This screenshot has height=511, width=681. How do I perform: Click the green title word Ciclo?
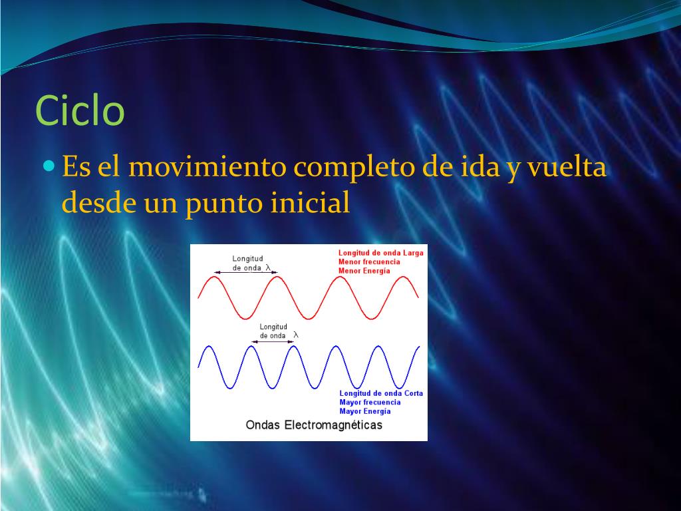[x=80, y=110]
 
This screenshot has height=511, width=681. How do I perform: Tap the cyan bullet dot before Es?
[x=50, y=164]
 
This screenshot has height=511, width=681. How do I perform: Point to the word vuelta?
[x=567, y=167]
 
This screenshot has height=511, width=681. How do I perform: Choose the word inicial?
[x=310, y=202]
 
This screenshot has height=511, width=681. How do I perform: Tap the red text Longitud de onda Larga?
[x=380, y=253]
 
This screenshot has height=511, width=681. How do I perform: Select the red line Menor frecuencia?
[x=369, y=261]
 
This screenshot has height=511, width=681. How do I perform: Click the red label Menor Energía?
[x=364, y=271]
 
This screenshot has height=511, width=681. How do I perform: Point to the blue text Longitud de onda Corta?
[x=381, y=393]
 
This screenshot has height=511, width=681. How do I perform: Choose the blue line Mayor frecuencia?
[x=370, y=402]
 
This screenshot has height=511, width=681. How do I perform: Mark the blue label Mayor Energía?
[x=365, y=411]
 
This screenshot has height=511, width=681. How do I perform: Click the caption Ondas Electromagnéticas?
[x=314, y=425]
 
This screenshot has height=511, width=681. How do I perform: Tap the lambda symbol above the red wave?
[x=268, y=267]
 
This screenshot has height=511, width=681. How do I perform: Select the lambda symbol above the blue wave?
[x=296, y=335]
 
